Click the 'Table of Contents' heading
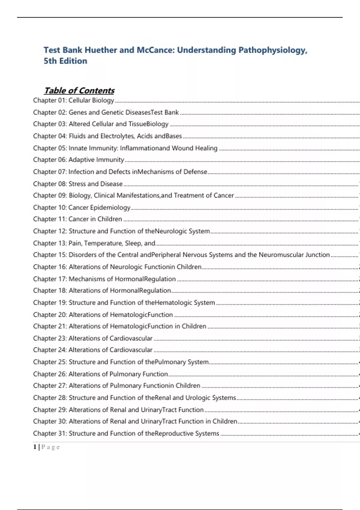[x=79, y=90]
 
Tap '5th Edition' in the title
[x=65, y=61]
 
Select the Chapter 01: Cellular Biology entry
[x=74, y=100]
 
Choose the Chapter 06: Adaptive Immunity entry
[x=79, y=160]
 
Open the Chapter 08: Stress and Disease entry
[x=78, y=184]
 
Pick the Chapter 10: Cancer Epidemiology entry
[x=82, y=207]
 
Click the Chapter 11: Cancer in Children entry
[x=77, y=219]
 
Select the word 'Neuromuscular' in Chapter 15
[x=281, y=255]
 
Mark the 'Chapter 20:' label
[x=50, y=314]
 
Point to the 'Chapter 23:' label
[x=50, y=338]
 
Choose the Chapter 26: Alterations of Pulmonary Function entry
[x=100, y=374]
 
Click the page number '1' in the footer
[x=35, y=447]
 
